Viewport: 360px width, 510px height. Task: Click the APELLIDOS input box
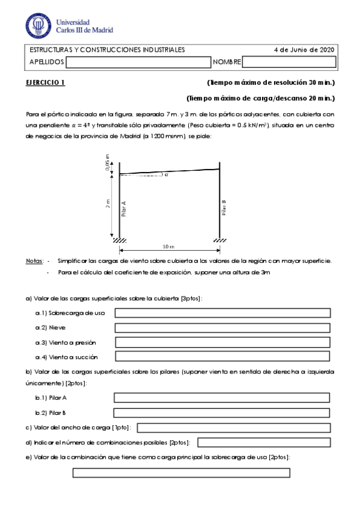click(138, 62)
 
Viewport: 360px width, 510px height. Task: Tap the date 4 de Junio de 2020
click(304, 50)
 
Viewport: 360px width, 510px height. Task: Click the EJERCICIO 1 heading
click(45, 82)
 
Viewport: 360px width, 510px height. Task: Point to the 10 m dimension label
click(168, 247)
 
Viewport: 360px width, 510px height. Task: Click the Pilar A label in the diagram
click(124, 208)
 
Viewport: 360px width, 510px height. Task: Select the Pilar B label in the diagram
click(224, 208)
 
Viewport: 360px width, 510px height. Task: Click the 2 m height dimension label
click(108, 204)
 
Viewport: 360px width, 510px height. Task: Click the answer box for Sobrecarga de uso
click(223, 313)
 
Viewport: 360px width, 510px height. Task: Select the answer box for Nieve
click(223, 328)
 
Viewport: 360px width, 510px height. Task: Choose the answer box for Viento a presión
click(223, 342)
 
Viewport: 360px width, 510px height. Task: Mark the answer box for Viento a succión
click(223, 357)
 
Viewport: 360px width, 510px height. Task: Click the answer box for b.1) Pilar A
click(222, 398)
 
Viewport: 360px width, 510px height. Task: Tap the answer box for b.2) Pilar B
click(222, 413)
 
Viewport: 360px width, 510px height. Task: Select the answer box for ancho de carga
click(234, 428)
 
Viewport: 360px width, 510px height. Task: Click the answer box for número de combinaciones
click(264, 443)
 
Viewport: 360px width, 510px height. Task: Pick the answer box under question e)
click(182, 473)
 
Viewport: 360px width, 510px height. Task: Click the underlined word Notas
click(34, 261)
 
